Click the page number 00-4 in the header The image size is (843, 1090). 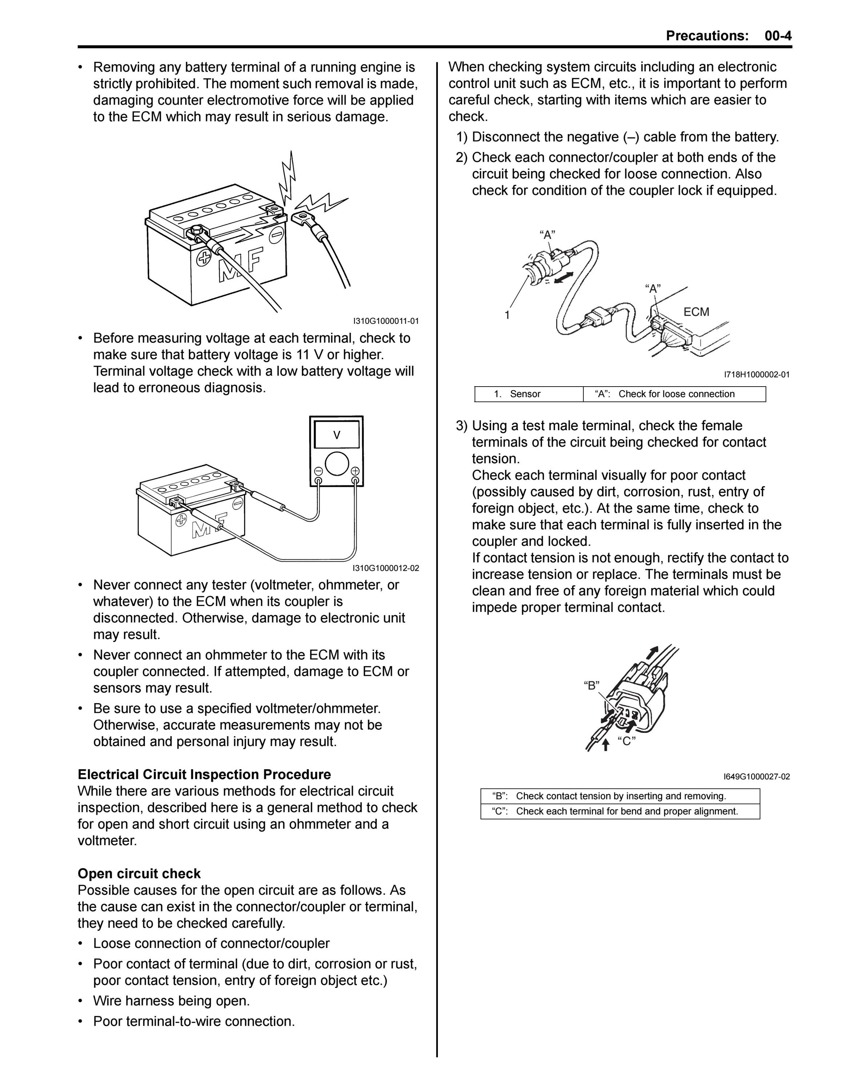point(778,36)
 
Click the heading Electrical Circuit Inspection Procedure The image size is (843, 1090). point(204,775)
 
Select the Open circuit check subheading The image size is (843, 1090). point(139,873)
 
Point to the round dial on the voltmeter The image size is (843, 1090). point(337,464)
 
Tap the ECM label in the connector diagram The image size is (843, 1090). point(696,312)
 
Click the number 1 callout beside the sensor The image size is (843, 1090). point(507,315)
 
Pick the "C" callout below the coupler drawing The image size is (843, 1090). point(626,741)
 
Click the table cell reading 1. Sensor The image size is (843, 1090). point(529,394)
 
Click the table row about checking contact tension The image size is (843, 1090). point(620,796)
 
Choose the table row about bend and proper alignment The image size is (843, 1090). point(620,811)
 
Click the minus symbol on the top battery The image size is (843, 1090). point(276,235)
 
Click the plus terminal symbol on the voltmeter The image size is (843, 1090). point(355,470)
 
